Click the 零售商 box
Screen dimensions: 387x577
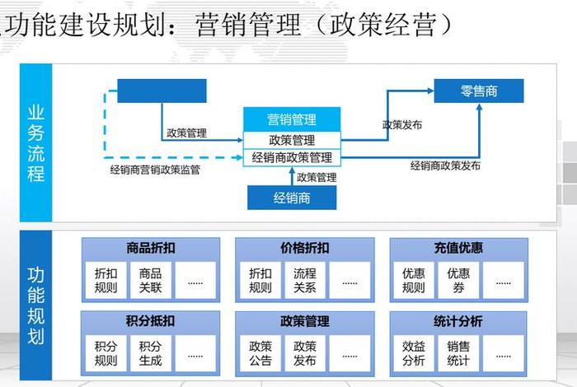pos(479,91)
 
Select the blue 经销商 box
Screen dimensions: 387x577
pos(292,198)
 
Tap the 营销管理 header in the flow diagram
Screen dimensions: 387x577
pos(292,120)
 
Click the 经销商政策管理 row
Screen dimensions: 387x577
pos(292,157)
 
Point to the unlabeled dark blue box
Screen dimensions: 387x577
pos(162,91)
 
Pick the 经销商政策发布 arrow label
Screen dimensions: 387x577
pos(446,166)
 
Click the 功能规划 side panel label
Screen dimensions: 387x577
pos(36,305)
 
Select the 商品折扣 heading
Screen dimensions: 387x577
pos(151,248)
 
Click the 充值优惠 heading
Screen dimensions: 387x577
pos(458,248)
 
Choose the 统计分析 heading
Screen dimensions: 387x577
pos(458,321)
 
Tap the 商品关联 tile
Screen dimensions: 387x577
pos(151,280)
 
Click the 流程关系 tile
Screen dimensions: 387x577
pos(305,280)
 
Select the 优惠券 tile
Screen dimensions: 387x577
pos(458,280)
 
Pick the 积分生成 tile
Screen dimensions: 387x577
pos(151,353)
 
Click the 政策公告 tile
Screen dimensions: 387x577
pos(260,353)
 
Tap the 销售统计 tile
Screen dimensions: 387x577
pos(458,353)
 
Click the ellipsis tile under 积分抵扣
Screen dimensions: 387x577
pos(195,353)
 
